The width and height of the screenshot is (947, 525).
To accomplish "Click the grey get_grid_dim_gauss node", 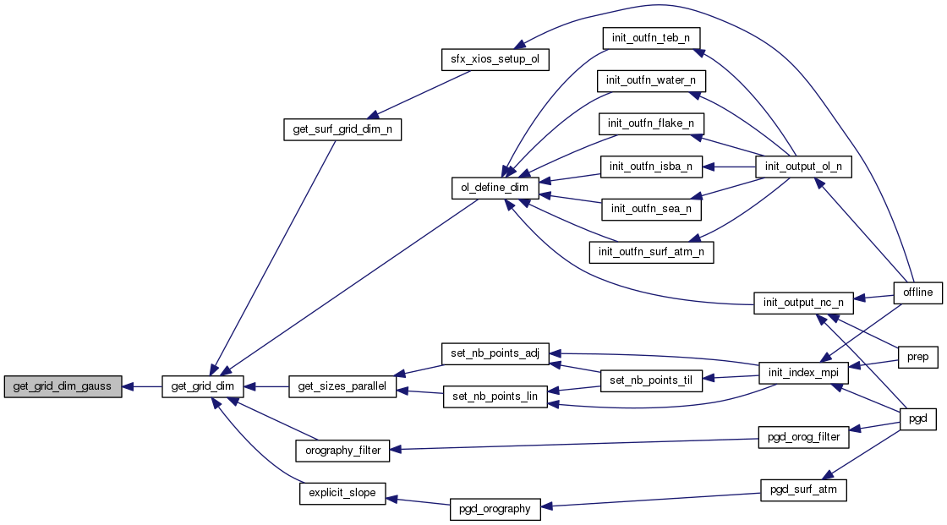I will tap(63, 387).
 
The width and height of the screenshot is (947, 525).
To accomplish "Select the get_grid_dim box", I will tap(203, 387).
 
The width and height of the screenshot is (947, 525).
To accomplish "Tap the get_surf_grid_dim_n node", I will tap(342, 129).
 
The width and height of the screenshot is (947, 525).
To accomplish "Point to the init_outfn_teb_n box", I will tap(651, 38).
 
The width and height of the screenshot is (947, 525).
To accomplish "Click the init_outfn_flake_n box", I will tap(651, 123).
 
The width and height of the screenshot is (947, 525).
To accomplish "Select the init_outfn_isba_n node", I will tap(651, 167).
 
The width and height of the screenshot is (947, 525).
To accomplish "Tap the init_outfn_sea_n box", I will tap(651, 208).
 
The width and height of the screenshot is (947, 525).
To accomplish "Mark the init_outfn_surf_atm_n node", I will tap(651, 251).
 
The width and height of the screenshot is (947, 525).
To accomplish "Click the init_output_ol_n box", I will tap(803, 167).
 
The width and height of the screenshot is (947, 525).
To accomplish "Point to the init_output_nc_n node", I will tap(803, 303).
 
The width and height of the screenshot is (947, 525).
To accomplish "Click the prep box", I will tap(917, 357).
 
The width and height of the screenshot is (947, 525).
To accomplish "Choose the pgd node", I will tap(917, 418).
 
